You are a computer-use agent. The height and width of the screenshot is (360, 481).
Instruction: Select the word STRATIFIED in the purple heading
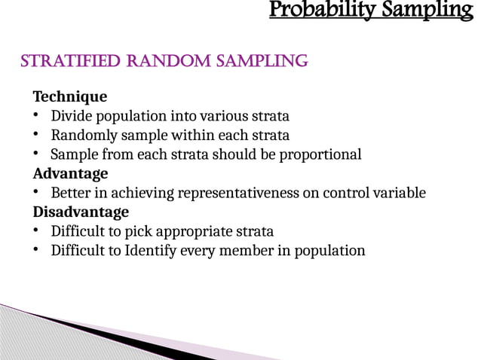point(66,61)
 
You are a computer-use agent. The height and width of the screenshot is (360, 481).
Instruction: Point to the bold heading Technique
point(69,97)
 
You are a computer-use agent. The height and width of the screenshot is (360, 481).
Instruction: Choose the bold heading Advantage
point(70,173)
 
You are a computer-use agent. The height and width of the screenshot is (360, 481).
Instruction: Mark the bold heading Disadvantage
point(81,212)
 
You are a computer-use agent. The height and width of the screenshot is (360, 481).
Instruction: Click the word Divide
point(70,116)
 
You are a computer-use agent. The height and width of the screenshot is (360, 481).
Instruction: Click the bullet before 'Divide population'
point(36,116)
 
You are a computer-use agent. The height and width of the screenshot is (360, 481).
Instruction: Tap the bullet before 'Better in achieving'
point(36,193)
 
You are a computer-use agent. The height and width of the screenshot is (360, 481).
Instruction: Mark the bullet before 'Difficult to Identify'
point(36,250)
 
